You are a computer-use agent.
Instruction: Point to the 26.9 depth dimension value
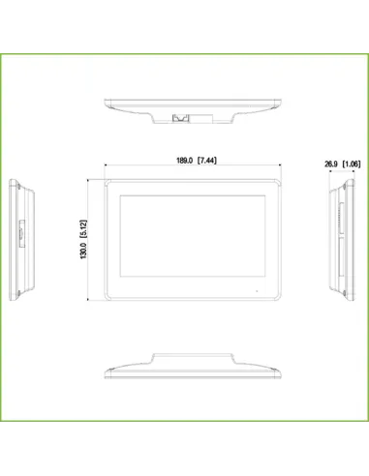tap(331, 164)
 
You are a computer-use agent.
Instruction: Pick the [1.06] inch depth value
tap(353, 164)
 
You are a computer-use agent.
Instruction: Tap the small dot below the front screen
tap(257, 290)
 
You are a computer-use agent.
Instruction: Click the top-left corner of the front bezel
tap(105, 178)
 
